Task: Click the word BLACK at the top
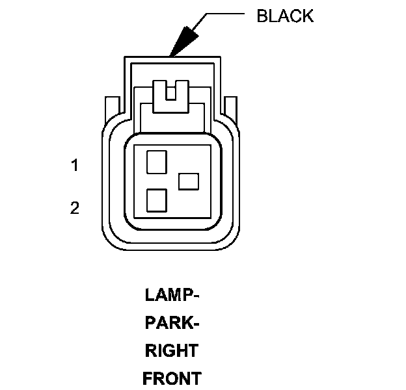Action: (285, 16)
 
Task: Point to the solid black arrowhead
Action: (183, 42)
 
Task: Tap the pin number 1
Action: (75, 166)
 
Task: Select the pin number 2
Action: (75, 208)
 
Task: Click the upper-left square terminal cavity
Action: (157, 161)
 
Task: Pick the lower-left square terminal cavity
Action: (157, 200)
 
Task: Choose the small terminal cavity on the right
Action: (189, 181)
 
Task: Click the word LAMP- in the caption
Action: (171, 295)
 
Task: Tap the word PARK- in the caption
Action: (171, 323)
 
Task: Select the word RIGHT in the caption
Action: (171, 351)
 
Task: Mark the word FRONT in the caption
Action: (172, 378)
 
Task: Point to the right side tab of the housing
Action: (231, 108)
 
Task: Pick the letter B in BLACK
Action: (262, 16)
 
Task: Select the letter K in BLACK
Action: (308, 16)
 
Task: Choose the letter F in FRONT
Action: (147, 378)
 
